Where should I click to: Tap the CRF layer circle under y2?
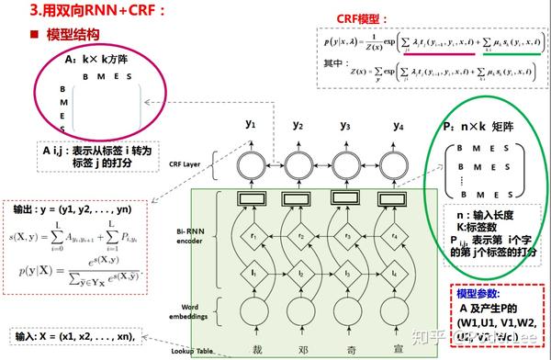point(298,165)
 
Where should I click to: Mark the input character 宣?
point(397,350)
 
